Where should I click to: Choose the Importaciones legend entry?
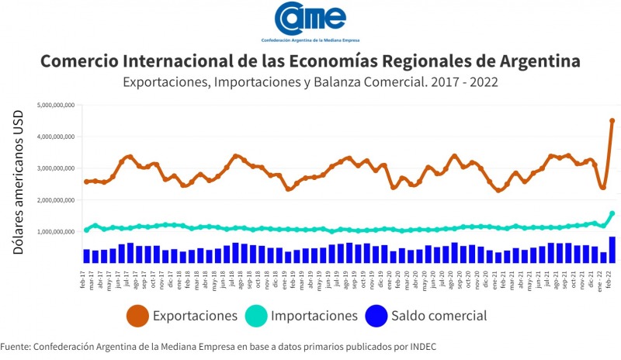click(x=303, y=316)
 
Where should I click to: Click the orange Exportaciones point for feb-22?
click(x=612, y=120)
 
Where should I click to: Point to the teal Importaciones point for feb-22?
click(x=612, y=213)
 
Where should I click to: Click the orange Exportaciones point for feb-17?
click(x=86, y=182)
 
